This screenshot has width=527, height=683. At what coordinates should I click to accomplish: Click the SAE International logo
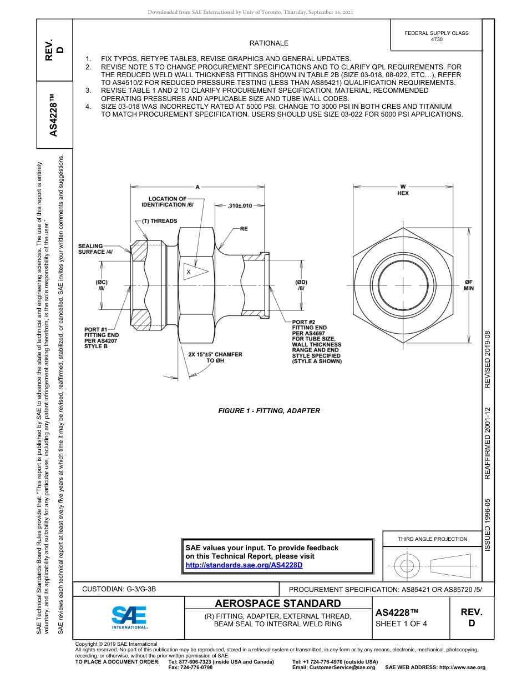pos(129,617)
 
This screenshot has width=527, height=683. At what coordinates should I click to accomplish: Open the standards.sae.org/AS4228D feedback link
pos(244,565)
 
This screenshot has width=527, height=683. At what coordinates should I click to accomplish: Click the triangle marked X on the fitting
pos(195,272)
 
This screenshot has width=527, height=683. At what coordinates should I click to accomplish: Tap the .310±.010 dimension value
pos(240,205)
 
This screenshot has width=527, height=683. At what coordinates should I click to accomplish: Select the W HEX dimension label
pos(403,190)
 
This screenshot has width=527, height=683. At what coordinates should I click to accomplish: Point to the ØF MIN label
pos(469,285)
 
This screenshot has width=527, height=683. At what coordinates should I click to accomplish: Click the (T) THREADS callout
pos(157,221)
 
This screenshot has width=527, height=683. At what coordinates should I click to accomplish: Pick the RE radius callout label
pos(244,228)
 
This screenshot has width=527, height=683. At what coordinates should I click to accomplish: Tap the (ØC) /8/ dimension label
pos(102,285)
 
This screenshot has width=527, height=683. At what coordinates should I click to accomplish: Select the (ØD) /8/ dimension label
pos(301,285)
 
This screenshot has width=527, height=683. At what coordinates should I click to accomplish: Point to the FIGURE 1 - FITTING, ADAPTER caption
pos(269,411)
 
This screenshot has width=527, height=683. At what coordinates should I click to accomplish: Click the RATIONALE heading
pos(268,43)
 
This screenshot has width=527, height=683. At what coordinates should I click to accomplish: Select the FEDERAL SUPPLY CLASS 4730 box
pos(437,36)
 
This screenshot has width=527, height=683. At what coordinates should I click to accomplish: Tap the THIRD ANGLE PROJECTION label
pos(432,539)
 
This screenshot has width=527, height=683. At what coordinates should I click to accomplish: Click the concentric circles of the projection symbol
pos(408,566)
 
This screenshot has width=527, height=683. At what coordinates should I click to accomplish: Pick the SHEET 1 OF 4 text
pos(402,623)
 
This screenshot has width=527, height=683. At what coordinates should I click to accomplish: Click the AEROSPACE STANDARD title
pos(278,603)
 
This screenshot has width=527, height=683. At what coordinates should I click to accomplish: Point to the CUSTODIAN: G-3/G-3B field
pos(123,589)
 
